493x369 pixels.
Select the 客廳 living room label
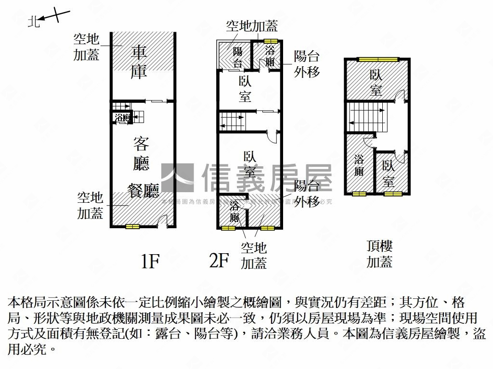pos(141,153)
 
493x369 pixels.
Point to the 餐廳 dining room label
pos(143,191)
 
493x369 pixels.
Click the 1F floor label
pos(150,262)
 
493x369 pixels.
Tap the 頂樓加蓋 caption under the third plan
pos(379,254)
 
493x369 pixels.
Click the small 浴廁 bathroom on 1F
pos(122,117)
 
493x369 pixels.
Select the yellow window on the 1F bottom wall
pos(132,226)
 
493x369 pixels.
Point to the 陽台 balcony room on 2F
pos(236,57)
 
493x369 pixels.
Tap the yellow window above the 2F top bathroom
pos(271,40)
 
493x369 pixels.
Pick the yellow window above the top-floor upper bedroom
pos(378,60)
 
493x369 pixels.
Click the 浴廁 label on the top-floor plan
pos(359,165)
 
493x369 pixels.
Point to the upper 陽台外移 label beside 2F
pos(307,64)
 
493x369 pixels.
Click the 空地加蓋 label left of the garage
pos(87,47)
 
